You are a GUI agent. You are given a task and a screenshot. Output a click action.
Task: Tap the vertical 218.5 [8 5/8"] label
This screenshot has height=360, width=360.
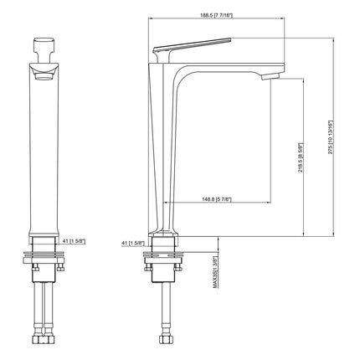[x=299, y=156]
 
